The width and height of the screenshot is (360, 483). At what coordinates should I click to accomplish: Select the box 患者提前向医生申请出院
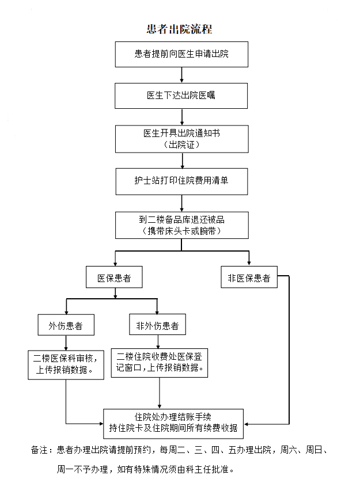[181, 54]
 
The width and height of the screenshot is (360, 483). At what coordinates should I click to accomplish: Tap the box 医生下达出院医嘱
[181, 96]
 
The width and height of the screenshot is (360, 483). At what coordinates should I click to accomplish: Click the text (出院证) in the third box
[181, 144]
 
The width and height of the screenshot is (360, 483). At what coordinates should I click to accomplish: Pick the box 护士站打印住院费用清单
[181, 180]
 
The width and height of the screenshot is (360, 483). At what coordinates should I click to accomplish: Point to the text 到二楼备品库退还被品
[181, 220]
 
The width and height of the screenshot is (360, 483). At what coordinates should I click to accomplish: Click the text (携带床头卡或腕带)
[181, 231]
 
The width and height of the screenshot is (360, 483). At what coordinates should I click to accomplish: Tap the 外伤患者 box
[66, 326]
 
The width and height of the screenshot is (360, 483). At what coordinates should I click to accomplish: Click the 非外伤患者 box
[157, 326]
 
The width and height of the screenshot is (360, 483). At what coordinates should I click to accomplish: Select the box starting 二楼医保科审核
[66, 363]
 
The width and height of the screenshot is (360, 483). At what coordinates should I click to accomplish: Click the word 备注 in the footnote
[39, 450]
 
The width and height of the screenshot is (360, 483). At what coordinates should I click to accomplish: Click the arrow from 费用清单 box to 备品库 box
[181, 202]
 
